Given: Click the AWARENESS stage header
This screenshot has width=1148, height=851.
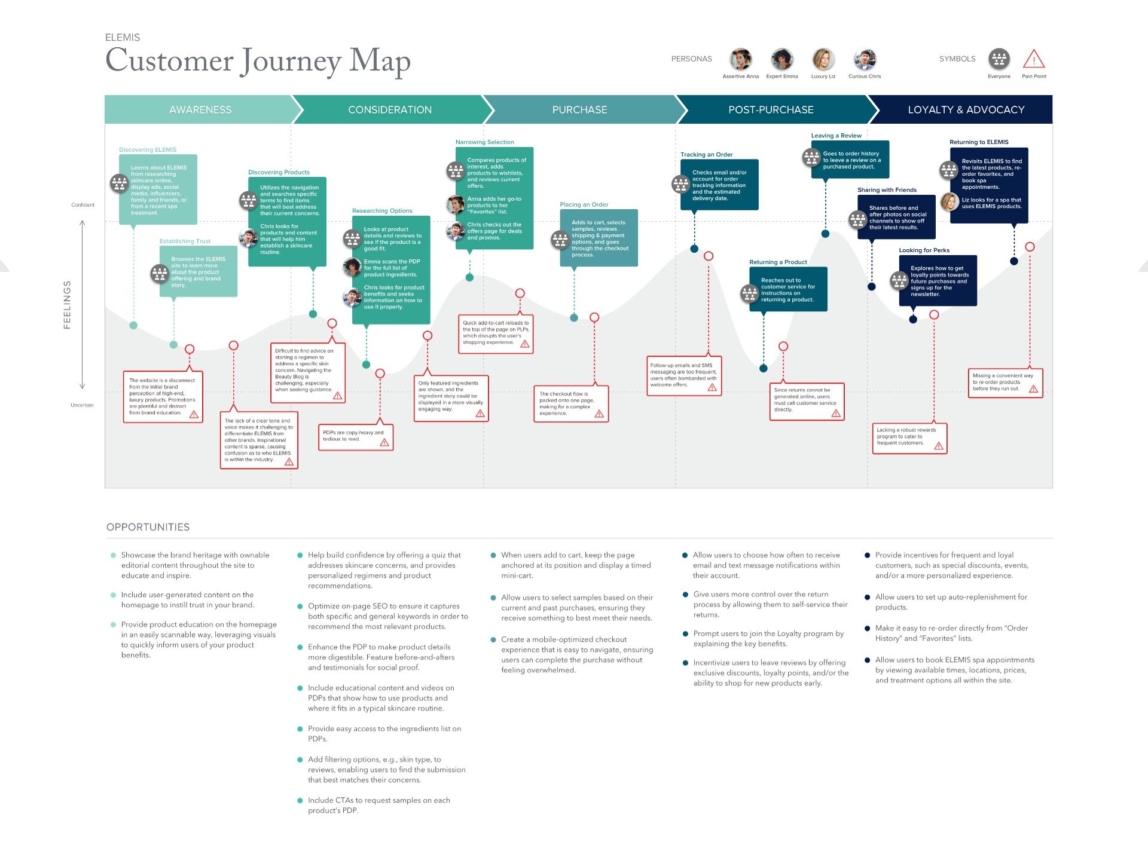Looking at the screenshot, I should [x=200, y=110].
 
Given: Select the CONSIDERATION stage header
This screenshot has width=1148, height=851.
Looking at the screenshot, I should [x=390, y=110].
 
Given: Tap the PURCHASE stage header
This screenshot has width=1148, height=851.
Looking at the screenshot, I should [x=579, y=110].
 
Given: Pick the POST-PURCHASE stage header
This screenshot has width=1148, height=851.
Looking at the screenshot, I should [x=771, y=110].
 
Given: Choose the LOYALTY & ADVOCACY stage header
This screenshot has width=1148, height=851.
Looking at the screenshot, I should [x=966, y=110].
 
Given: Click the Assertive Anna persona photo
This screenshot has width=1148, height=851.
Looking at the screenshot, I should [x=740, y=59].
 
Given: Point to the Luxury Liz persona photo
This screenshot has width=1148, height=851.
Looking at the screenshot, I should [x=823, y=59].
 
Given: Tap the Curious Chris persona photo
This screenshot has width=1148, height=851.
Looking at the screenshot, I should [x=865, y=59].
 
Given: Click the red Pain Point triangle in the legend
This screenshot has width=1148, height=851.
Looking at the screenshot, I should [x=1034, y=59].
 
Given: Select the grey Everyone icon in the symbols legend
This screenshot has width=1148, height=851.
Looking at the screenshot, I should [x=999, y=59].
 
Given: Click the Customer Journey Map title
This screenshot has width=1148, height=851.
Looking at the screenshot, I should [x=258, y=61].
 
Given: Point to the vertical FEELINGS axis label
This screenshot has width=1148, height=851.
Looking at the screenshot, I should [x=67, y=305].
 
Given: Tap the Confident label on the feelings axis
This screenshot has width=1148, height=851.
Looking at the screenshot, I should [x=83, y=205].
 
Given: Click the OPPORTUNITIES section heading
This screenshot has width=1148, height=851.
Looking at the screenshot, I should [x=148, y=527].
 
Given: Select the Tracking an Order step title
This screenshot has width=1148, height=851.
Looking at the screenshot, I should [x=706, y=155].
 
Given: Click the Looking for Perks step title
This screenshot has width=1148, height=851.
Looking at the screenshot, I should [x=924, y=250].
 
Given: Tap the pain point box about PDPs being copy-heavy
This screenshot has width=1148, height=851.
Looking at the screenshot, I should [x=355, y=436].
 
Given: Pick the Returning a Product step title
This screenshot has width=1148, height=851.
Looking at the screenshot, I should [x=778, y=262].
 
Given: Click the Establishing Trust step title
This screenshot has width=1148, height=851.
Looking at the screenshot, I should [x=185, y=241].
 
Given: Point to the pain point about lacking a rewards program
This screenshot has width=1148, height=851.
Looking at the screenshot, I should [x=909, y=437].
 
